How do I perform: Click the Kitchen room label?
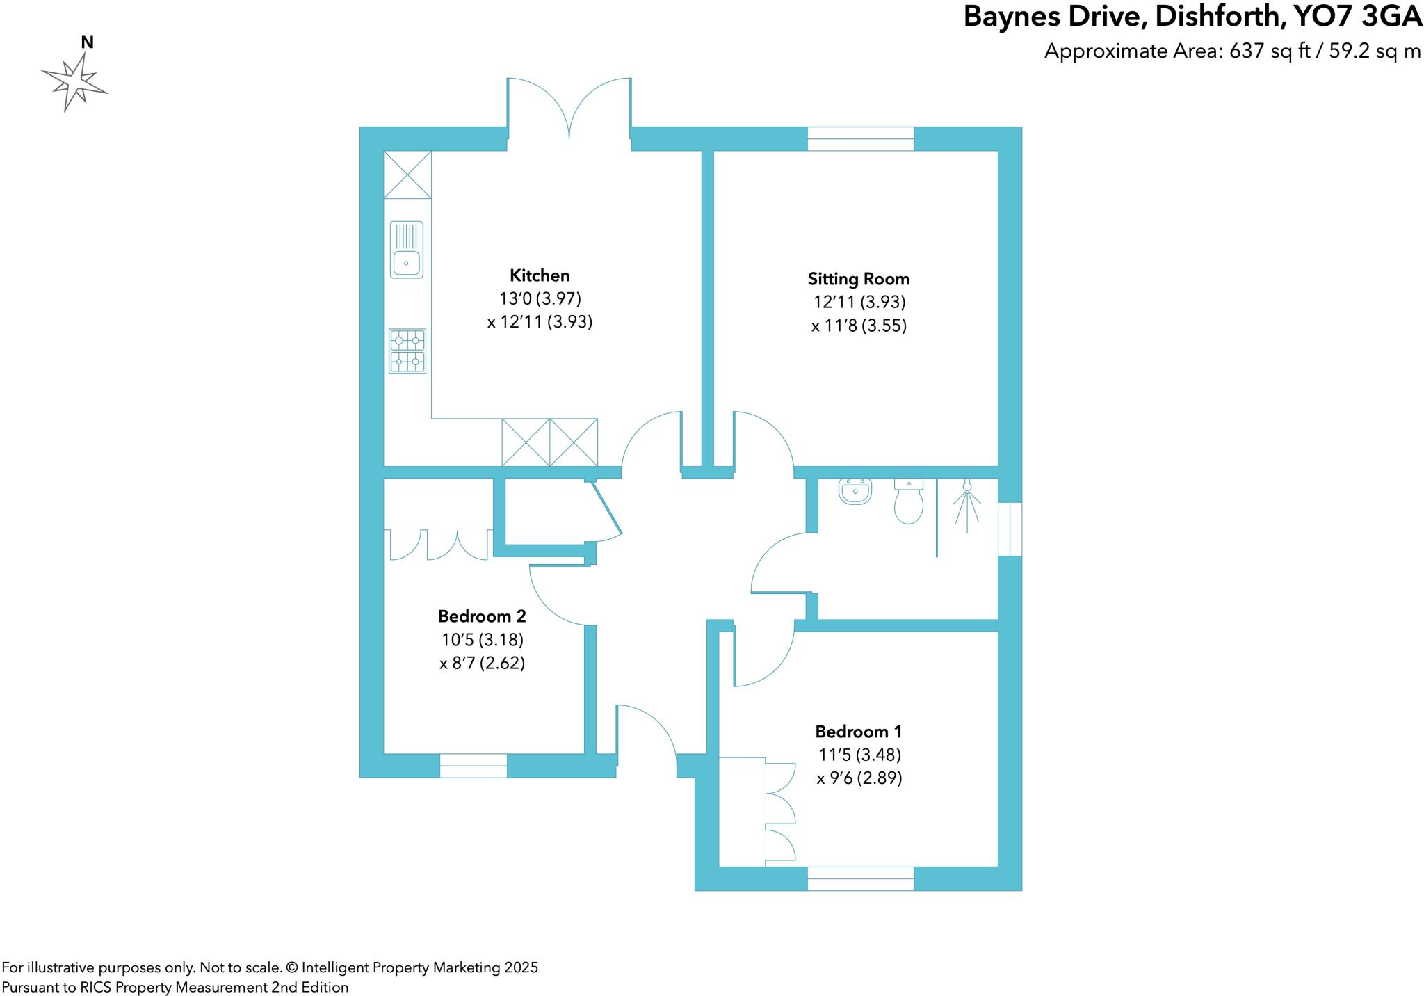click(540, 275)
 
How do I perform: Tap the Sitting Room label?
click(859, 279)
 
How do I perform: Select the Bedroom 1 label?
click(859, 732)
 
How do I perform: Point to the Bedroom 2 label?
click(482, 616)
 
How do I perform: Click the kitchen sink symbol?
click(406, 250)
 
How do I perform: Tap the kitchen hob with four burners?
click(407, 351)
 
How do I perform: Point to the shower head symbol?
click(967, 505)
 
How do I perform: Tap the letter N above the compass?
click(87, 42)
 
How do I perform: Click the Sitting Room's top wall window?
click(860, 138)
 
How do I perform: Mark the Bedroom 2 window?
click(473, 765)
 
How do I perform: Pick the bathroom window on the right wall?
click(1010, 529)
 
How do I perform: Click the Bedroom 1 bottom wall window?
click(860, 878)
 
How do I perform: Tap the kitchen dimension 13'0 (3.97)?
click(540, 298)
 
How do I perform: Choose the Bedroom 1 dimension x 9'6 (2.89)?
click(859, 778)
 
